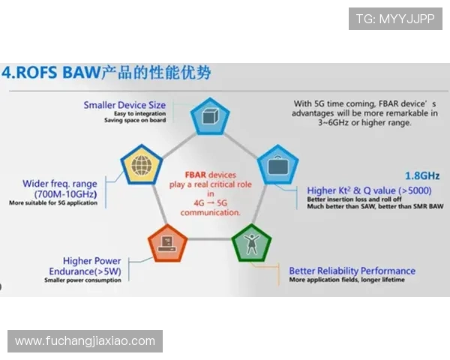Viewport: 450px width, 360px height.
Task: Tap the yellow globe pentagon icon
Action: point(141,165)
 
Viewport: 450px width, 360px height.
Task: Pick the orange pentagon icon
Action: point(168,242)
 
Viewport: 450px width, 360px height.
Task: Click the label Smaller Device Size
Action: point(124,105)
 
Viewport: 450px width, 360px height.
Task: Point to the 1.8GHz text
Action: point(422,175)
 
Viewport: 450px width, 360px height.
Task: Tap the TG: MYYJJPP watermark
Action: point(395,18)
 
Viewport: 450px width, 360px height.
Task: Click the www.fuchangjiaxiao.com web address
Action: point(85,341)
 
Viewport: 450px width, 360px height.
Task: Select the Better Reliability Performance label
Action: point(352,271)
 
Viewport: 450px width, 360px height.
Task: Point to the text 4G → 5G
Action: point(211,202)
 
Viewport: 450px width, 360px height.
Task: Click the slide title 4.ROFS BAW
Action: point(51,73)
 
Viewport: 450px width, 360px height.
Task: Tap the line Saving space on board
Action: point(135,121)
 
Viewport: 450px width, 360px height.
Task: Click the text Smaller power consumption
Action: point(82,281)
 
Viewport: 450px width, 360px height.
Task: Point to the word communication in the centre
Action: point(211,212)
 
